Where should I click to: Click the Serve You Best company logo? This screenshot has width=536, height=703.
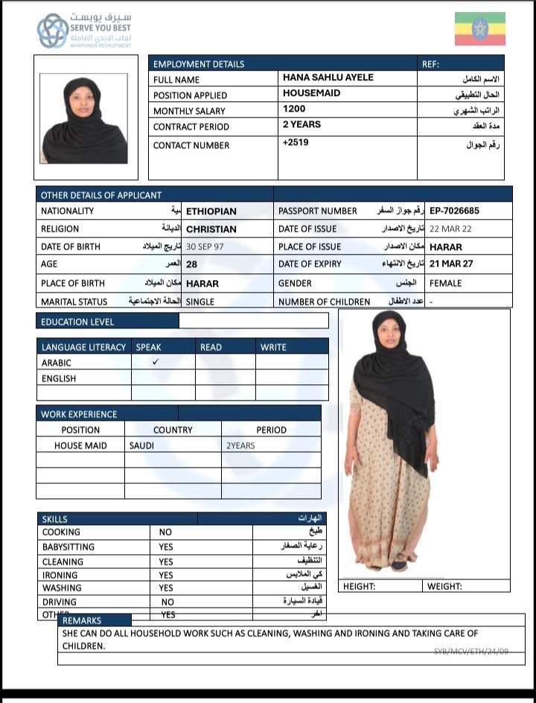54,31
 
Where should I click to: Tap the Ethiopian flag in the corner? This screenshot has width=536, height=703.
479,29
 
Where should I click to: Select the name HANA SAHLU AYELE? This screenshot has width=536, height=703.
328,77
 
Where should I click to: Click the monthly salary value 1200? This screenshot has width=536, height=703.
294,109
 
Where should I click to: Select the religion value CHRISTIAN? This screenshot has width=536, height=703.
211,229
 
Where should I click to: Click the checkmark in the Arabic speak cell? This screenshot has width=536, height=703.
156,361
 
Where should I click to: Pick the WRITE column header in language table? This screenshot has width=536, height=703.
273,347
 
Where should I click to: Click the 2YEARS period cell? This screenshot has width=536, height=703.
240,445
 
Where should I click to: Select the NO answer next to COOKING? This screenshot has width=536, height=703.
165,532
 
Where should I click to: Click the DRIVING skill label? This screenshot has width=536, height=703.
59,602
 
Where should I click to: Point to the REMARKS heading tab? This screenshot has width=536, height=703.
82,620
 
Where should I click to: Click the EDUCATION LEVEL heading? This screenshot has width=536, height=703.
77,322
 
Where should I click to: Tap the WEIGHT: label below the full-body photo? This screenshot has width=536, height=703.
445,586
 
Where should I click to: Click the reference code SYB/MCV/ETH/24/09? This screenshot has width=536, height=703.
470,651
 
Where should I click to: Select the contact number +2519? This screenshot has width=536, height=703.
296,142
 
